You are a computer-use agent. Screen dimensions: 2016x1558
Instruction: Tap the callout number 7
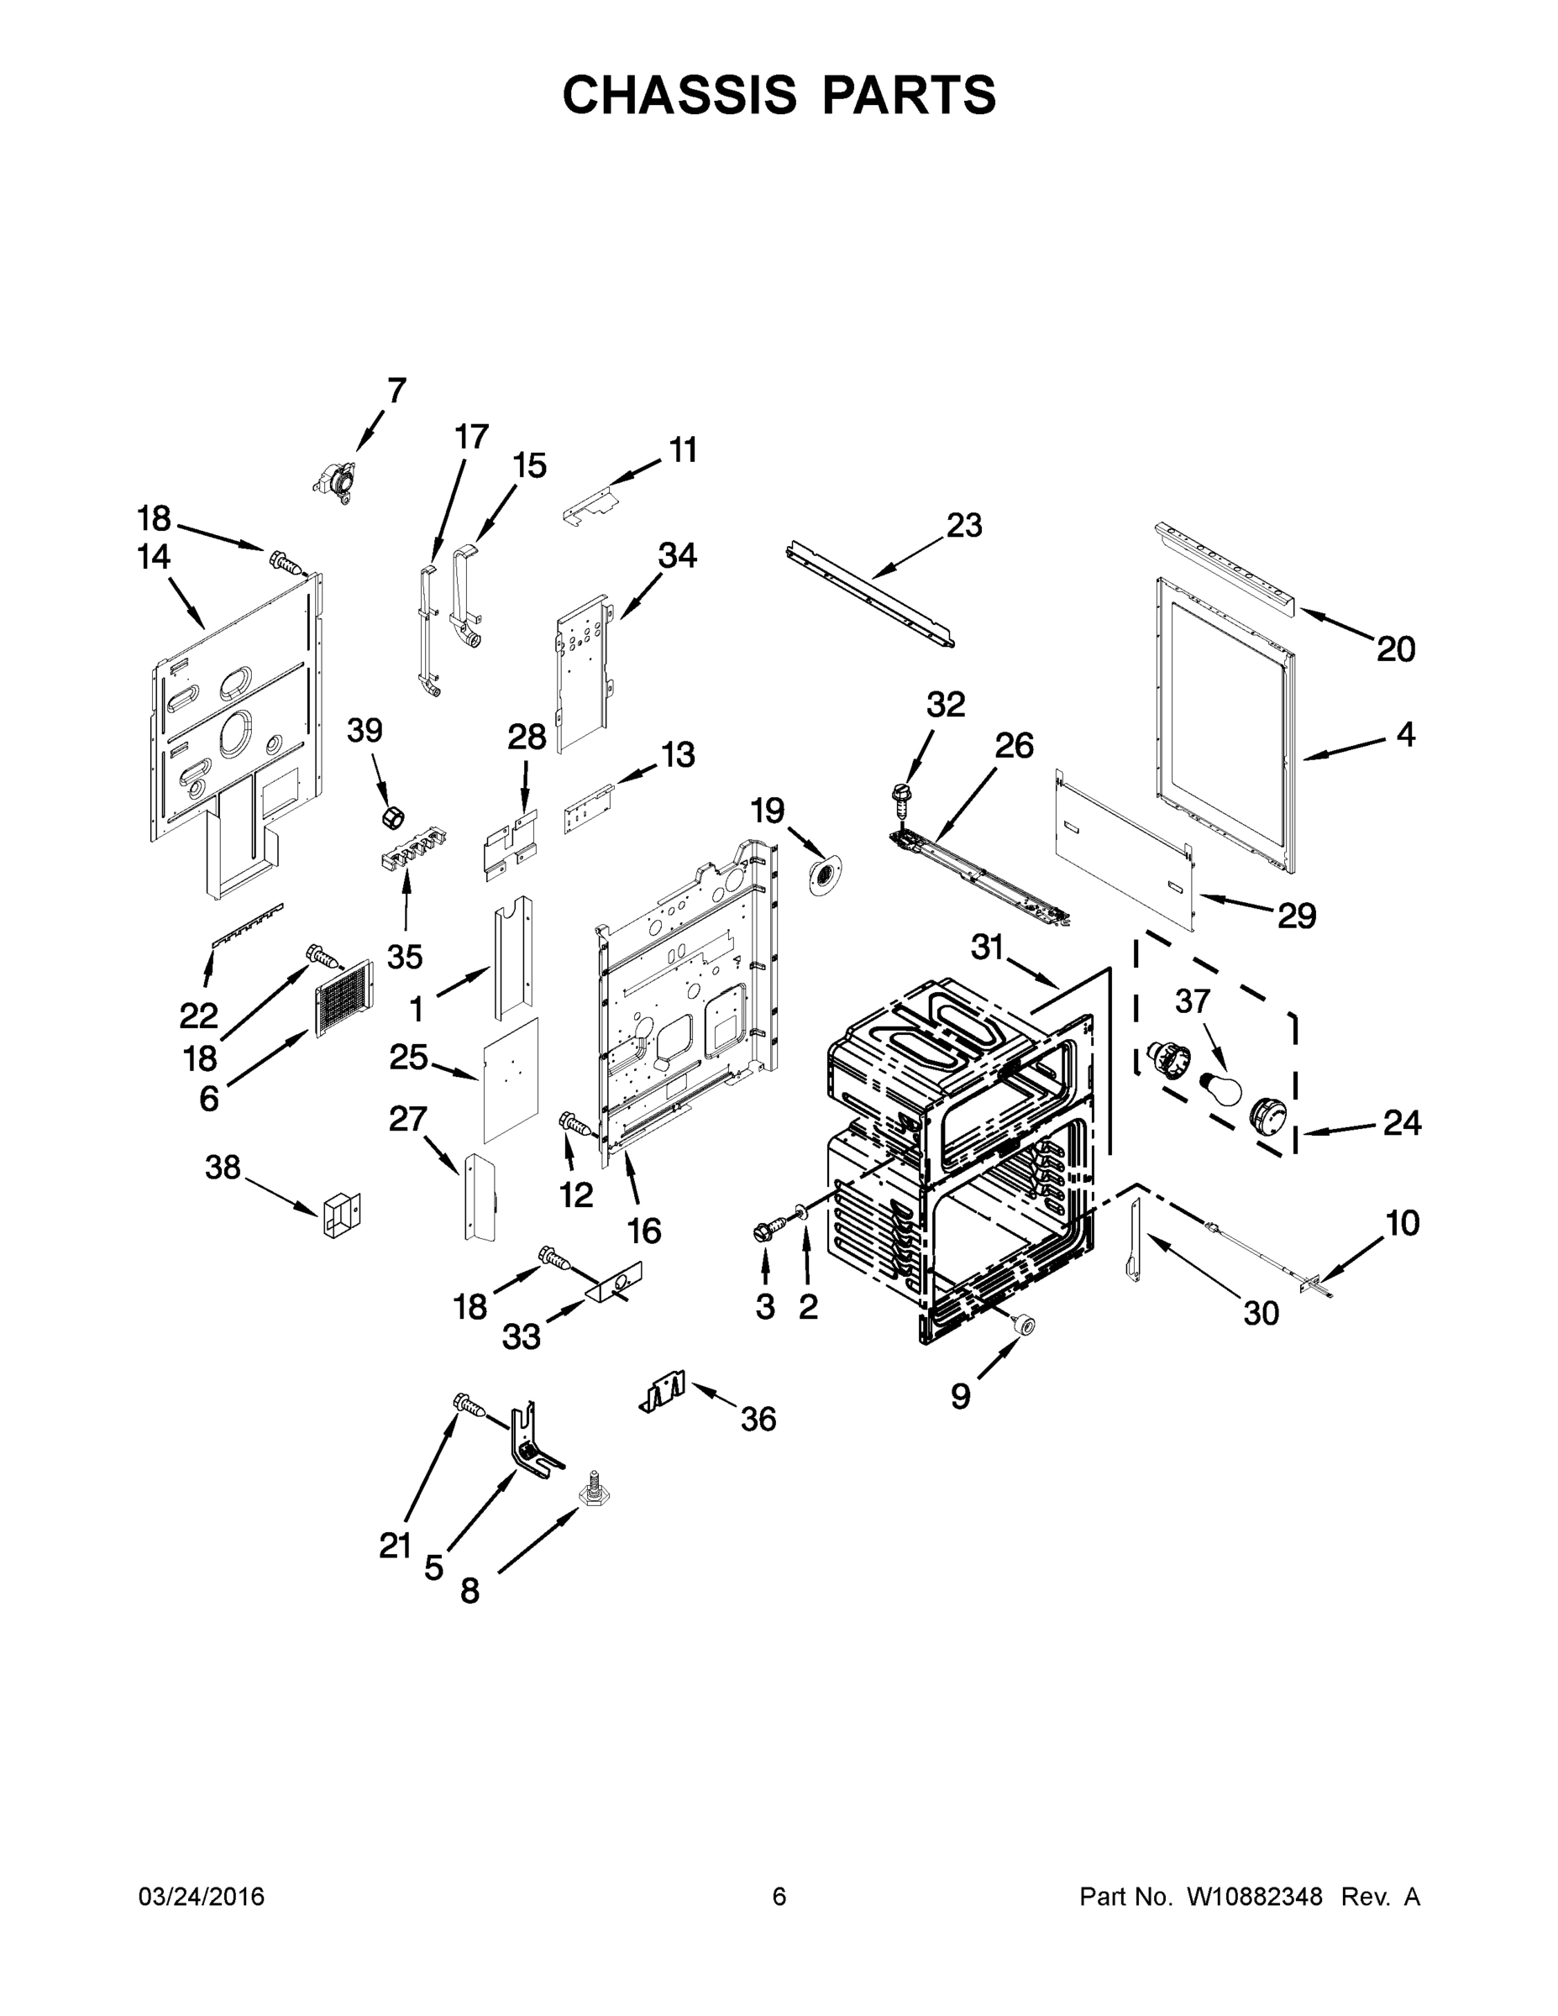(x=396, y=391)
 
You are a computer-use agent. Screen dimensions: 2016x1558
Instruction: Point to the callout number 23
(x=964, y=525)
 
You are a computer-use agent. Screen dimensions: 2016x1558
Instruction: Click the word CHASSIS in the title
(x=679, y=94)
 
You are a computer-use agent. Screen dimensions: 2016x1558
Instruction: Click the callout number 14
(x=155, y=557)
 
